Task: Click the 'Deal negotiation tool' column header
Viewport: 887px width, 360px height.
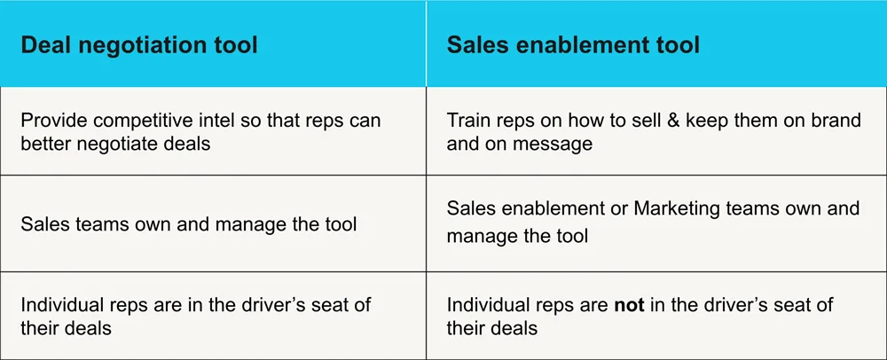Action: coord(139,44)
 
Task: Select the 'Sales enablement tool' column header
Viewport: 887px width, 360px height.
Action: coord(573,44)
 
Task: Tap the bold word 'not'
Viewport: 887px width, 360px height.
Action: coord(633,305)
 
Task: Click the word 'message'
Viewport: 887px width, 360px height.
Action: coord(556,143)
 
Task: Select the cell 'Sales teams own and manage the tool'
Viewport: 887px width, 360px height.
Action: coord(189,223)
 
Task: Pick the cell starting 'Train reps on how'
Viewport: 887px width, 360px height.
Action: coord(654,131)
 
